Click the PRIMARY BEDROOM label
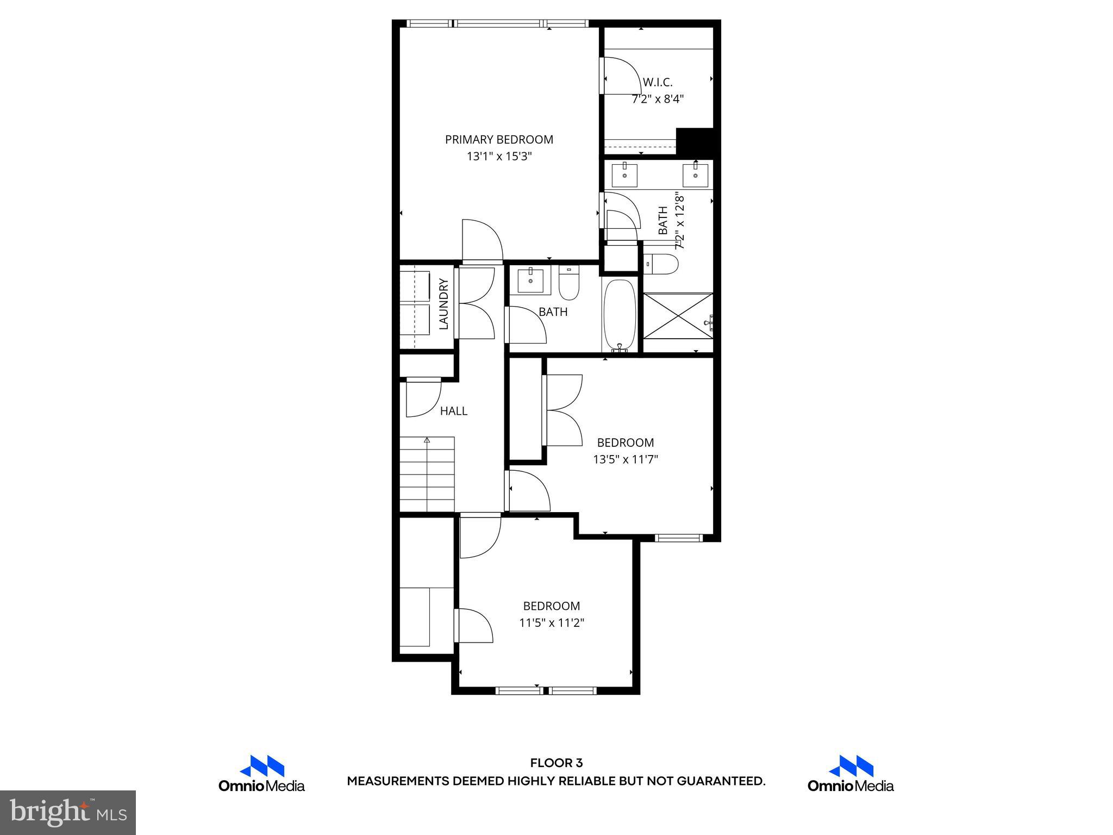click(x=499, y=140)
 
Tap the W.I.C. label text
click(x=658, y=83)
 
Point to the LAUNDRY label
click(x=443, y=304)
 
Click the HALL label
click(x=453, y=412)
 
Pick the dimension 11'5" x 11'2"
click(x=551, y=623)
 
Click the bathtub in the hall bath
click(x=620, y=315)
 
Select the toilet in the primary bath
click(x=661, y=265)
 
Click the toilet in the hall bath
click(x=569, y=284)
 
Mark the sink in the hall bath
click(x=530, y=281)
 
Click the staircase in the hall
click(x=427, y=474)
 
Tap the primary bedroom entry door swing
click(x=482, y=241)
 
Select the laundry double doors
click(x=476, y=304)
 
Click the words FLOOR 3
click(x=556, y=763)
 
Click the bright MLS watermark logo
click(x=68, y=812)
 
